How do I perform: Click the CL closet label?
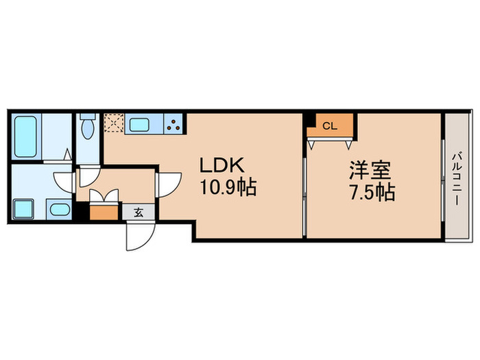330,126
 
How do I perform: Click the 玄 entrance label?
138,213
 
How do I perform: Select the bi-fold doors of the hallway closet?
104,197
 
